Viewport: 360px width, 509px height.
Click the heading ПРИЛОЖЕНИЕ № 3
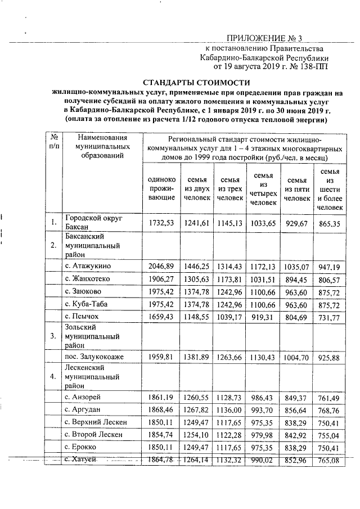pyautogui.click(x=264, y=39)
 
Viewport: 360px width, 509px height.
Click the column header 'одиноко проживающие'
pyautogui.click(x=162, y=188)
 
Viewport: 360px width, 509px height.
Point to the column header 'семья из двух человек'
pyautogui.click(x=197, y=188)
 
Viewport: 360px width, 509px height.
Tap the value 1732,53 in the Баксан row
pyautogui.click(x=162, y=223)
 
